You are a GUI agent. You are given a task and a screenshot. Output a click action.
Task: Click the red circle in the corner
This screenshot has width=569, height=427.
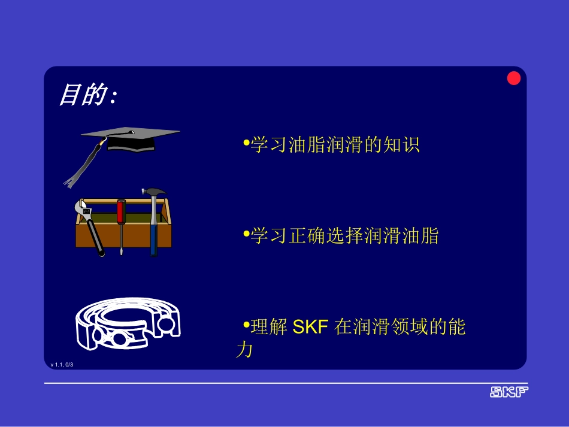coord(514,78)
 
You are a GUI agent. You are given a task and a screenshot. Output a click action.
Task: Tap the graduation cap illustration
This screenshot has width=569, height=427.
coord(131,139)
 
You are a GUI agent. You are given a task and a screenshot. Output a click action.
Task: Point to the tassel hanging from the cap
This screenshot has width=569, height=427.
coord(84,164)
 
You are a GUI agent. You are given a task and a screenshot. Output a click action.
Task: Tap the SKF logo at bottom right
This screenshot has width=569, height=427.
coord(509,392)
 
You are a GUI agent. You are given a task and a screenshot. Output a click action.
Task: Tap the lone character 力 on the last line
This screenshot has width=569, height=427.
coord(244,350)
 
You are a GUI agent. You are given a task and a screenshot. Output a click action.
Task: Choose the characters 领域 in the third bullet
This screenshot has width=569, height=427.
coord(401,328)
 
